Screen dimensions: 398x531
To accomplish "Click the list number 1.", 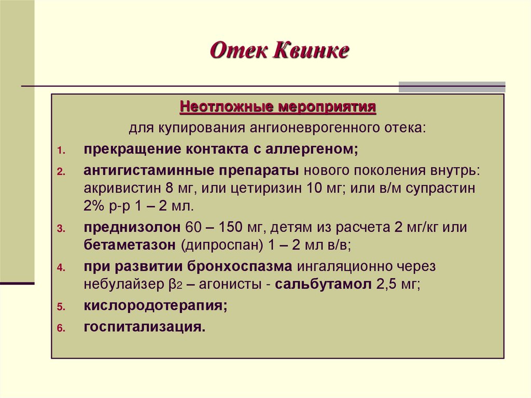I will click(x=60, y=151).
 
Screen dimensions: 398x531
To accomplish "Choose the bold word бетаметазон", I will click(x=131, y=245).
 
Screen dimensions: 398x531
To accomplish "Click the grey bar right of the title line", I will click(x=451, y=87).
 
